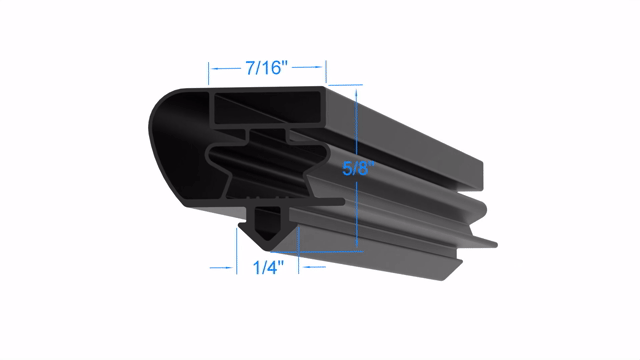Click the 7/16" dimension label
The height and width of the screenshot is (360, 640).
[x=267, y=68]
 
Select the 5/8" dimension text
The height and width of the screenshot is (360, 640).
[x=358, y=168]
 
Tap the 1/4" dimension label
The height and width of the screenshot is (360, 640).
[x=268, y=268]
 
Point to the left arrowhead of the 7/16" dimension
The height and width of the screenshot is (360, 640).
[x=213, y=68]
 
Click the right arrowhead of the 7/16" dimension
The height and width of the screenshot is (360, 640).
[x=321, y=67]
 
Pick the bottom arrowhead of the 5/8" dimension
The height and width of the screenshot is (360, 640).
[x=357, y=244]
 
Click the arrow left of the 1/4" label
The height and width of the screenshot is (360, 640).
[x=223, y=268]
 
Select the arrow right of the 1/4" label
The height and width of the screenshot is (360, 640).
[x=313, y=267]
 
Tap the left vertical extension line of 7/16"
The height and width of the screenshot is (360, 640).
[x=209, y=74]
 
